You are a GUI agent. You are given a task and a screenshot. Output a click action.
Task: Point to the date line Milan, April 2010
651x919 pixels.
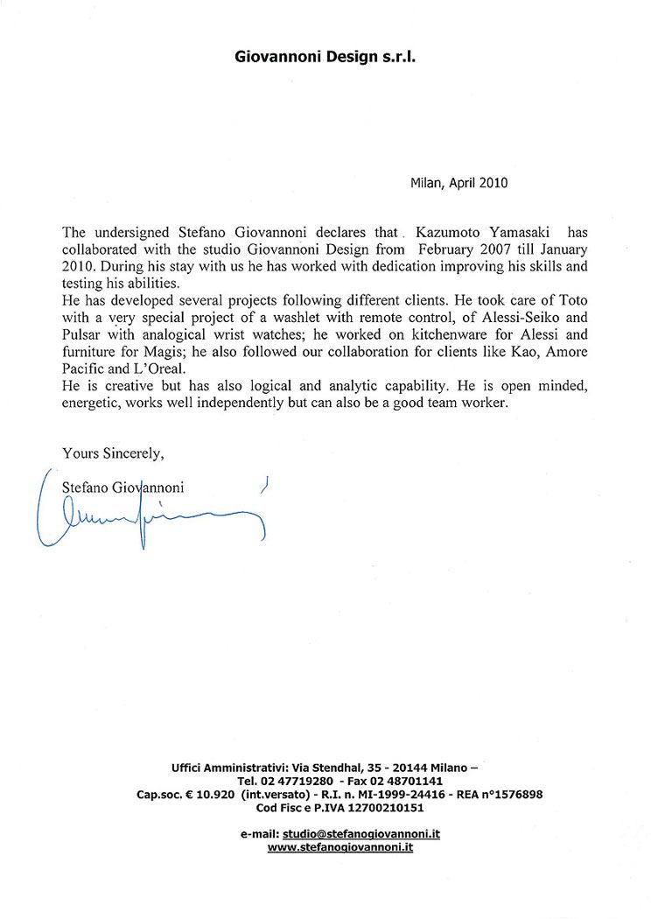pyautogui.click(x=458, y=183)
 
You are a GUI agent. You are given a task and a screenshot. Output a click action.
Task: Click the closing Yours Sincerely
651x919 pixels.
pyautogui.click(x=114, y=453)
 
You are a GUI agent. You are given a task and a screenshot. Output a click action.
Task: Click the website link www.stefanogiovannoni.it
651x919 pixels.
pyautogui.click(x=339, y=847)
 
